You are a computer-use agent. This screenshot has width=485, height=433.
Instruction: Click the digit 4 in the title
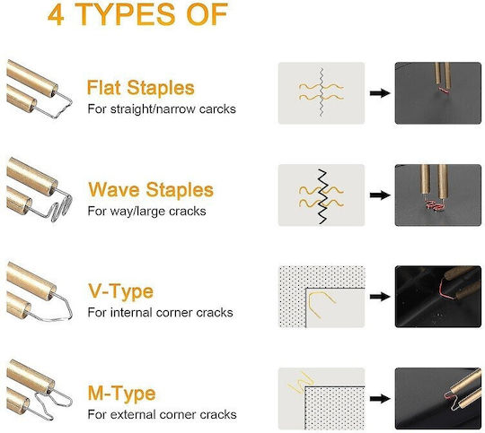click(56, 15)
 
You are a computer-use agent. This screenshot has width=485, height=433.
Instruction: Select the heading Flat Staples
click(141, 87)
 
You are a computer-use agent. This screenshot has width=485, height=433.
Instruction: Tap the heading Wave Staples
click(151, 189)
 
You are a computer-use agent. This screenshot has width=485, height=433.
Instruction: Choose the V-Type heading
click(120, 291)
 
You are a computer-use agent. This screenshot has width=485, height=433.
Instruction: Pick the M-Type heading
click(121, 393)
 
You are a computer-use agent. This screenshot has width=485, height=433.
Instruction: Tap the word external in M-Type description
click(132, 414)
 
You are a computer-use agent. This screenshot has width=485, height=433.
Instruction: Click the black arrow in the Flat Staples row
click(380, 93)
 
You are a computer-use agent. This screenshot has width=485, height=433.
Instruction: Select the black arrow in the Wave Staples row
click(380, 195)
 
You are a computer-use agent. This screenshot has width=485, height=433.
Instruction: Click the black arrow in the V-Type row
click(380, 297)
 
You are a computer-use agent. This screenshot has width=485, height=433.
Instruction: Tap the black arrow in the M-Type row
click(380, 398)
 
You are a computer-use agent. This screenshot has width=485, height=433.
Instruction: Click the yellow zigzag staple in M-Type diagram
click(299, 383)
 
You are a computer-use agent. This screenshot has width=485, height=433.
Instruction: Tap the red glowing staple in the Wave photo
click(434, 205)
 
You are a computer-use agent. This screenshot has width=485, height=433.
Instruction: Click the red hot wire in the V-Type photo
click(442, 290)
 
